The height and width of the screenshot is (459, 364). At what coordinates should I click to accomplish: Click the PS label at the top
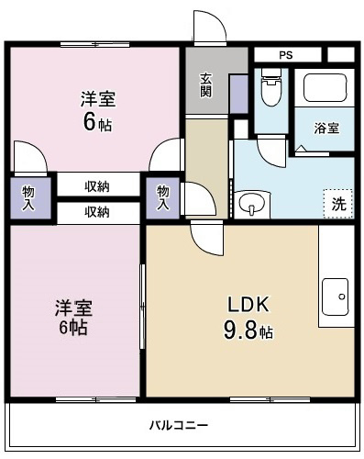point(286,55)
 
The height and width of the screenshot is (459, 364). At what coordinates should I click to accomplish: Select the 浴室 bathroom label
point(327,128)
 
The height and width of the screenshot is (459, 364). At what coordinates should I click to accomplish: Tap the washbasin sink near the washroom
point(249,204)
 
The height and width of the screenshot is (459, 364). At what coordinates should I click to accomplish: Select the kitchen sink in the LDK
point(336,297)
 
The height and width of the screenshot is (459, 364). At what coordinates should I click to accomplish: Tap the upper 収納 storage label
point(98,186)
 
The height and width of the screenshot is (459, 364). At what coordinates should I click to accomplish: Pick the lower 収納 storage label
point(98,212)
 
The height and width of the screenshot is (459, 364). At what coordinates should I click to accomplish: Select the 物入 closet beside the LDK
point(162,197)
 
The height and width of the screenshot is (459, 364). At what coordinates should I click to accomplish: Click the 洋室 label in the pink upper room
point(96,99)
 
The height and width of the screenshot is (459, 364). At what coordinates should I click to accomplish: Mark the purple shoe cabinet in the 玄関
point(237,94)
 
